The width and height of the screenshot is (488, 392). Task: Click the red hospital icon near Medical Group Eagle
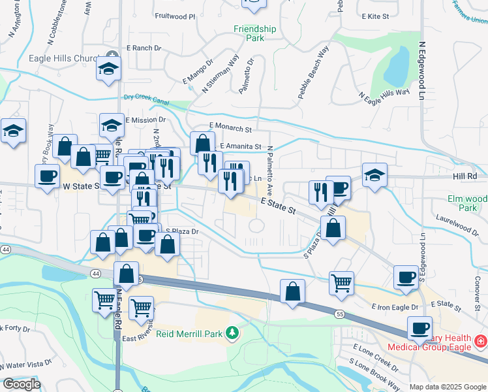[480, 342]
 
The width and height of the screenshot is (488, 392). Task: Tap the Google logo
[21, 384]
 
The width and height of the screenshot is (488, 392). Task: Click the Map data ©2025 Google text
[448, 387]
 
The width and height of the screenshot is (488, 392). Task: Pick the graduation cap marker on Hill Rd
[374, 175]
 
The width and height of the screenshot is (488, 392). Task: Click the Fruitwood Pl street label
[175, 16]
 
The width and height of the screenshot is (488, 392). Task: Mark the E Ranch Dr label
[144, 48]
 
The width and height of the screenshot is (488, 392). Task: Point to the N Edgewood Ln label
[422, 72]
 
